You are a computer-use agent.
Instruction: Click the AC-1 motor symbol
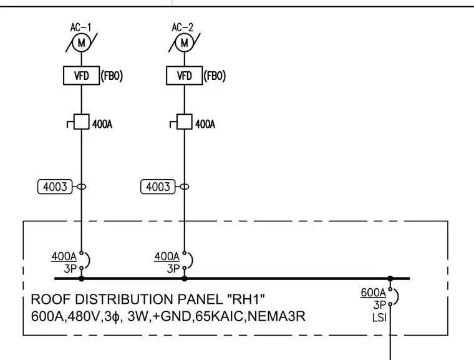[81, 43]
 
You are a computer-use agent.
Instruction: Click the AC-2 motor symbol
[185, 43]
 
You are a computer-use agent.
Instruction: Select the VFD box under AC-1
[81, 75]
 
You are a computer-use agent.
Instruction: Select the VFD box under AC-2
[185, 75]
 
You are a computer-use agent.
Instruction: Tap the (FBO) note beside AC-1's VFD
[112, 75]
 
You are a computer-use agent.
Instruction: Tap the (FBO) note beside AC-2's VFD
[215, 75]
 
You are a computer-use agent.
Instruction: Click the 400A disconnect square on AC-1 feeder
[81, 122]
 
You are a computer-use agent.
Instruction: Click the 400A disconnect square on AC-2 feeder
[185, 122]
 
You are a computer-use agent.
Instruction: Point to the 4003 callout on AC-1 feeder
[55, 187]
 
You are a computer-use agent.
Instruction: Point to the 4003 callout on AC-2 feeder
[158, 187]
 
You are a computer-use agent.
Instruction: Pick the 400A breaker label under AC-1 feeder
[64, 256]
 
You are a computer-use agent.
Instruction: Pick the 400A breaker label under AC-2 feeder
[167, 256]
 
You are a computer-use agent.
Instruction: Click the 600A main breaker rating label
[374, 293]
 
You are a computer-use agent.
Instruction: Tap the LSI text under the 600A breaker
[379, 318]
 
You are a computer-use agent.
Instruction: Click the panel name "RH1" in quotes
[246, 299]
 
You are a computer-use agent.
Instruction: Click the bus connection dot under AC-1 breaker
[81, 278]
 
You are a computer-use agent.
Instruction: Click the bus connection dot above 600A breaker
[390, 278]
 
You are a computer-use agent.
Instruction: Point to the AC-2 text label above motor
[183, 27]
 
